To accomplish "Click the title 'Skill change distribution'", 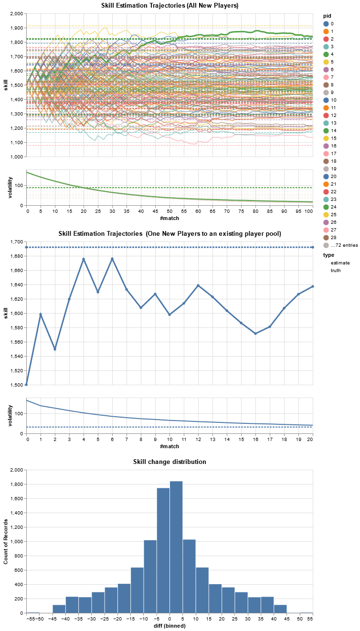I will point(169,462).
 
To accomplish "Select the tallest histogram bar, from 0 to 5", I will point(176,547).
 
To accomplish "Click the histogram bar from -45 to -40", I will point(59,609).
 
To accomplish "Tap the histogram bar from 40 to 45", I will point(280,609).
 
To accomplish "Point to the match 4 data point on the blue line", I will point(84,259).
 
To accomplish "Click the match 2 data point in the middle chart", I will point(55,349).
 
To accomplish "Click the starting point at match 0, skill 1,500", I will point(26,385).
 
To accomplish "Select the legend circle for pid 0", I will point(326,23).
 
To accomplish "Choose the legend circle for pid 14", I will point(326,130).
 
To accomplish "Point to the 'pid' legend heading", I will point(327,16).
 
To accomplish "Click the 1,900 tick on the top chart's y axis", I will point(15,28).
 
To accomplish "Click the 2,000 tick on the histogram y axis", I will point(15,470).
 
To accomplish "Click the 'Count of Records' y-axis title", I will point(6,541).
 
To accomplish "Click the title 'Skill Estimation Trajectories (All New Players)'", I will point(169,5).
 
